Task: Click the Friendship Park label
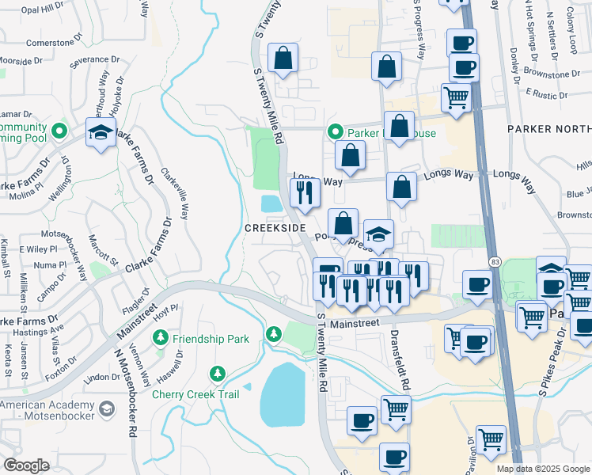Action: pos(212,339)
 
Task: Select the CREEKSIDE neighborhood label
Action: pos(275,228)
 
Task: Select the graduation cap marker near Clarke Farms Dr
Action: pos(101,133)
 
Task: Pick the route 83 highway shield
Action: pos(494,260)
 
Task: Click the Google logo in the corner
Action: pos(26,465)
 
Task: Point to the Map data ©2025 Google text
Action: pos(543,469)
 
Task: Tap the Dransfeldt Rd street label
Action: pos(404,361)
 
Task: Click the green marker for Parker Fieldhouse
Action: pos(335,133)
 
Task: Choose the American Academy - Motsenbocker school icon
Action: pos(107,408)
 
